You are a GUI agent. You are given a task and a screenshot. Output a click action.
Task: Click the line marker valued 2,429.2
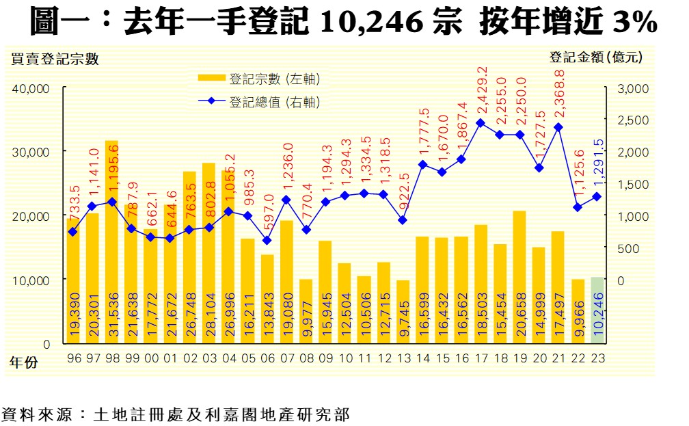click(x=480, y=123)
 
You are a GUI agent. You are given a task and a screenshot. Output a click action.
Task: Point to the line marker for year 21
click(x=558, y=127)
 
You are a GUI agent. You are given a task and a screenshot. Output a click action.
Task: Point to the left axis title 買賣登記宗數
click(x=55, y=59)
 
